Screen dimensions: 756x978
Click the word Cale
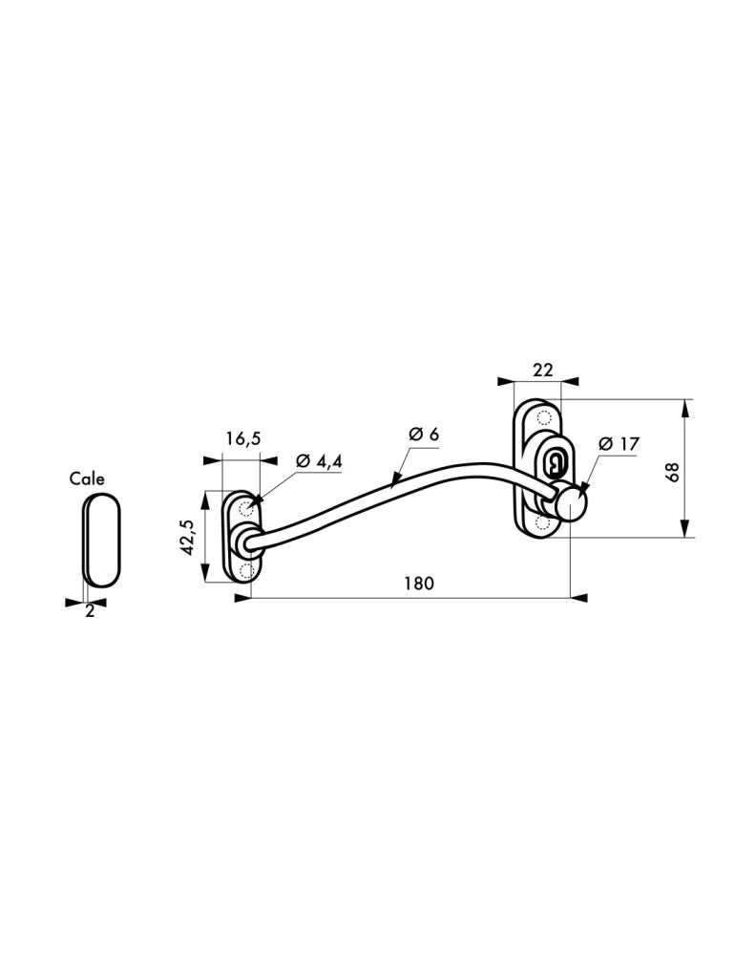pyautogui.click(x=87, y=479)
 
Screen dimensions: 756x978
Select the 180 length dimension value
pyautogui.click(x=418, y=584)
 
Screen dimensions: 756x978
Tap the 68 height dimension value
pyautogui.click(x=671, y=472)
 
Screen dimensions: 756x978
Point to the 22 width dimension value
pyautogui.click(x=543, y=370)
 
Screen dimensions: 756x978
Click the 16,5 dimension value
pyautogui.click(x=243, y=439)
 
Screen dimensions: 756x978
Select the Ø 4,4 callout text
pyautogui.click(x=320, y=461)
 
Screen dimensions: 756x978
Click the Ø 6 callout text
pyautogui.click(x=424, y=434)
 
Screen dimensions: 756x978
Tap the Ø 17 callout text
pyautogui.click(x=619, y=443)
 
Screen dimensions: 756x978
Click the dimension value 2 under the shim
pyautogui.click(x=90, y=611)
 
